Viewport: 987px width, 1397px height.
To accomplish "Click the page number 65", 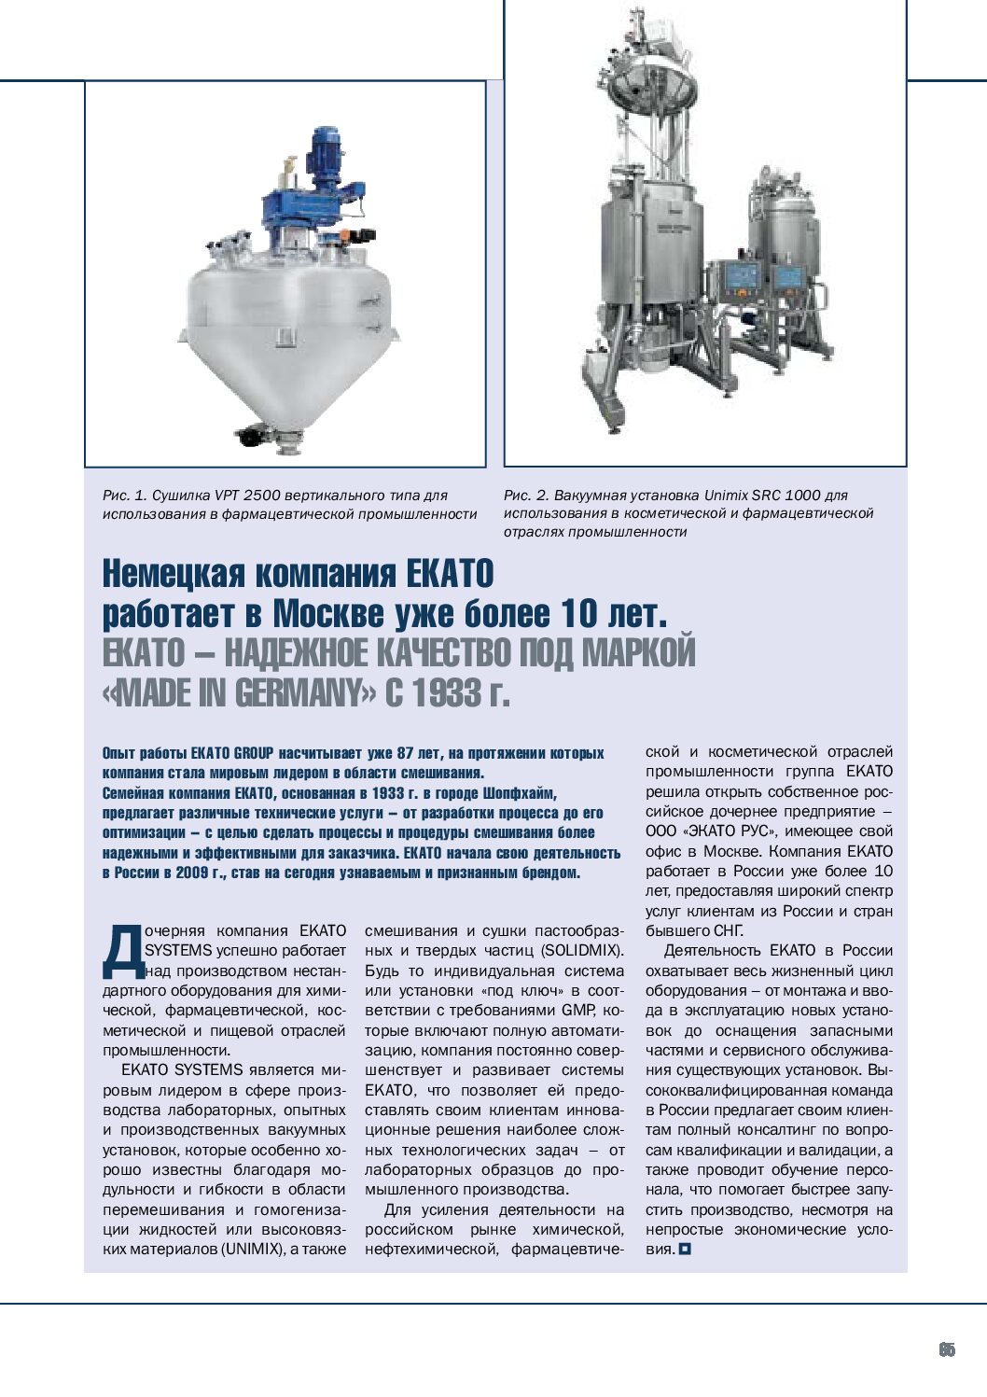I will click(947, 1349).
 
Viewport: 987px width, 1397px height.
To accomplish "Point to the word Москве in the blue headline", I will click(328, 614).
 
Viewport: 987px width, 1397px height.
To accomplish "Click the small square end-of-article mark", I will click(686, 1249).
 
